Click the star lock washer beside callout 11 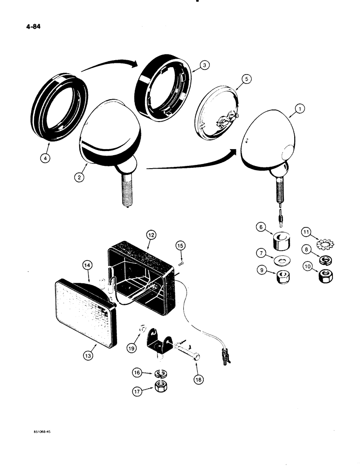click(x=320, y=244)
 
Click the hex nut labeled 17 click(x=162, y=386)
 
